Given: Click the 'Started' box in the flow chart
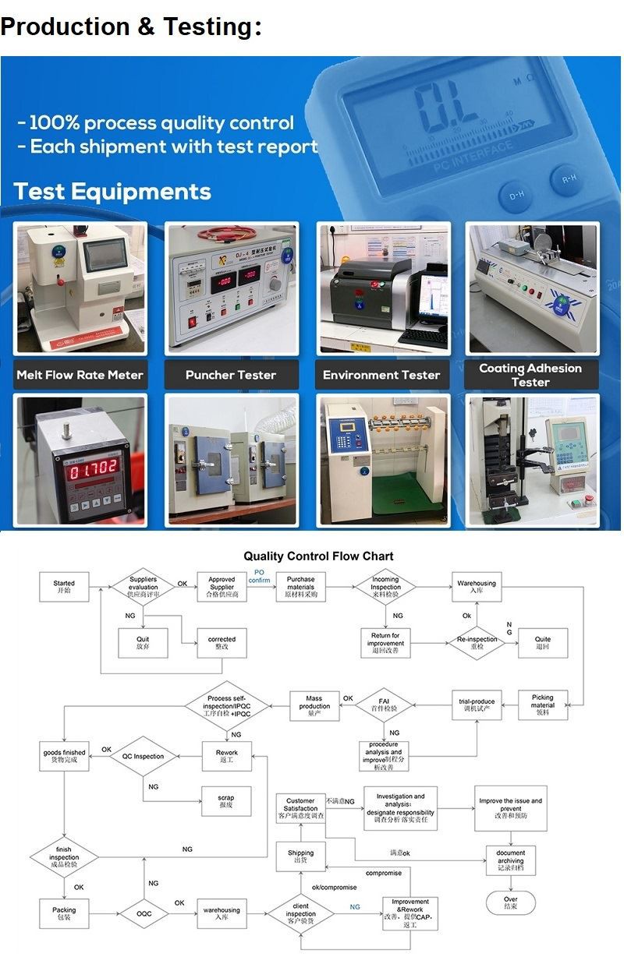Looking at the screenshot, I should point(64,587).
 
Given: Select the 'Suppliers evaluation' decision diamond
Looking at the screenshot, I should point(143,587).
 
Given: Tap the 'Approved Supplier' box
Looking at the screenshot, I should point(222,587).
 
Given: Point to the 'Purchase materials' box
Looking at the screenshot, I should point(300,587).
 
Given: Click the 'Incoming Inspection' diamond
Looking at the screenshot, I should point(385,587).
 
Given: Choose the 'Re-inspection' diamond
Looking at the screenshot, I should point(477,643).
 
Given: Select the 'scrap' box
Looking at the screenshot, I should point(225,801).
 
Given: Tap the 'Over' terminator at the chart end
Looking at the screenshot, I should point(510,902).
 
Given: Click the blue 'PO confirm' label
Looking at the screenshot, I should point(259,577).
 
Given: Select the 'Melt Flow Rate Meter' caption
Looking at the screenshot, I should point(80,375).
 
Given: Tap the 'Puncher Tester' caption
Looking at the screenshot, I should point(231,375).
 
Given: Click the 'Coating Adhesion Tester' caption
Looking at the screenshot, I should point(530,375).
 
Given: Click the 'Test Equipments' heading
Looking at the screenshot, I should point(113,192).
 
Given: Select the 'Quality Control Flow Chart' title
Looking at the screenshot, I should point(318,556).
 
